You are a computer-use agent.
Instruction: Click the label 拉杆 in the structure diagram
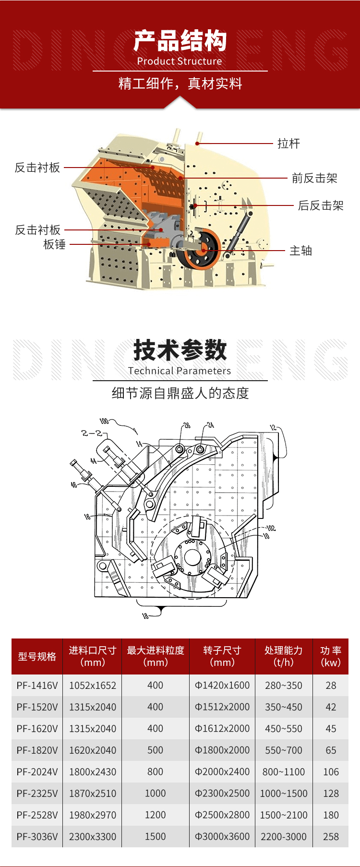pyautogui.click(x=288, y=144)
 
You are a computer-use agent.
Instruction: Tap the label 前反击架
pyautogui.click(x=314, y=178)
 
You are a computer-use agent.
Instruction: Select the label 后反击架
pyautogui.click(x=321, y=205)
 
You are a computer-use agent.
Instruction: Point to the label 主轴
pyautogui.click(x=300, y=251)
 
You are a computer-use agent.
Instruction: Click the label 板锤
pyautogui.click(x=54, y=244)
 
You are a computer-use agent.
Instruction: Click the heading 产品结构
pyautogui.click(x=180, y=41)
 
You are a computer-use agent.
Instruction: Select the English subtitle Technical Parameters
pyautogui.click(x=180, y=371)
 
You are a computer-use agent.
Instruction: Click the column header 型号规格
pyautogui.click(x=37, y=656)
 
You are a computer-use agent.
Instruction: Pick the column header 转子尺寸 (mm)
pyautogui.click(x=222, y=656)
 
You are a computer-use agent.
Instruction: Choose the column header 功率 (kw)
pyautogui.click(x=331, y=656)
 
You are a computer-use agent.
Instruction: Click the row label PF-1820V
pyautogui.click(x=37, y=750)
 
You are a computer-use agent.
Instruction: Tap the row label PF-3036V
pyautogui.click(x=37, y=836)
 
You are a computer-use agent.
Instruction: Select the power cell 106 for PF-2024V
pyautogui.click(x=331, y=771)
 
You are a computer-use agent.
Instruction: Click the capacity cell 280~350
pyautogui.click(x=284, y=685)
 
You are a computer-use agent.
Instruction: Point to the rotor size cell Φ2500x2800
pyautogui.click(x=222, y=815)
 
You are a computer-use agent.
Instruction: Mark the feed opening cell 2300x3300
pyautogui.click(x=93, y=836)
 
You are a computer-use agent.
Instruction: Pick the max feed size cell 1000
pyautogui.click(x=155, y=793)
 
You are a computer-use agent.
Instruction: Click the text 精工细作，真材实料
pyautogui.click(x=180, y=84)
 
